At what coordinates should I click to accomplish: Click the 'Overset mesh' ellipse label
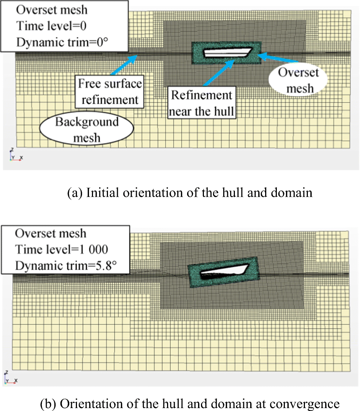click(299, 80)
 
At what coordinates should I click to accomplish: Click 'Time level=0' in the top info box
click(51, 26)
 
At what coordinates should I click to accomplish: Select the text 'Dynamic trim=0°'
click(63, 42)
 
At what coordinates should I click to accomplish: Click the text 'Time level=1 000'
click(61, 249)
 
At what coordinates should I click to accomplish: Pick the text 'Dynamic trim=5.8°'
click(66, 266)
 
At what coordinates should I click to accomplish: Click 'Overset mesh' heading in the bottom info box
click(51, 233)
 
